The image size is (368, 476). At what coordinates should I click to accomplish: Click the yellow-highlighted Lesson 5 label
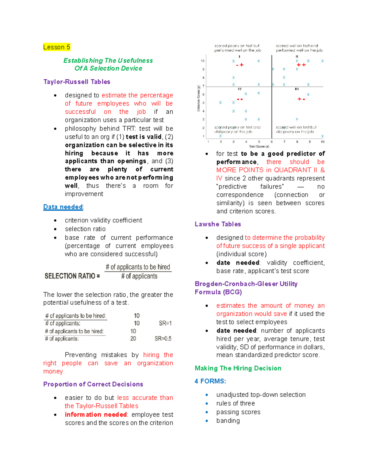[x=57, y=47]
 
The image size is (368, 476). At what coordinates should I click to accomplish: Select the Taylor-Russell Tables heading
[x=77, y=82]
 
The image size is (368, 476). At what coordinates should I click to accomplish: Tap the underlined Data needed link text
[x=63, y=207]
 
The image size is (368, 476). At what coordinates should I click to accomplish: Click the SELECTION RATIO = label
[x=72, y=276]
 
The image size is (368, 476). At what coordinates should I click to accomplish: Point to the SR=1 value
[x=165, y=323]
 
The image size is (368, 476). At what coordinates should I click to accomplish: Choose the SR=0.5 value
[x=163, y=339]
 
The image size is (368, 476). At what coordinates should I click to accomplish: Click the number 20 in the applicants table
[x=133, y=339]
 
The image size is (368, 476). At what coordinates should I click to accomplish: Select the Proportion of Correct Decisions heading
[x=93, y=384]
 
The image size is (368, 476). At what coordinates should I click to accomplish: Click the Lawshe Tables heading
[x=218, y=224]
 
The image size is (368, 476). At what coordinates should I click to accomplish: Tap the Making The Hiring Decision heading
[x=238, y=368]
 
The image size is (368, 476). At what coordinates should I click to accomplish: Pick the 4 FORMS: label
[x=210, y=381]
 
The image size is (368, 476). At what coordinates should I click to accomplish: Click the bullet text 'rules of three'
[x=236, y=403]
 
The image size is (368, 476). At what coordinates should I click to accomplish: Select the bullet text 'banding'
[x=228, y=421]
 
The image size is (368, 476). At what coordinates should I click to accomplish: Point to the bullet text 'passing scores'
[x=238, y=412]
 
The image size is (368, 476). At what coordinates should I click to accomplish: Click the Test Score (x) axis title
[x=259, y=147]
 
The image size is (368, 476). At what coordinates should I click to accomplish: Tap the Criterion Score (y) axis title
[x=199, y=98]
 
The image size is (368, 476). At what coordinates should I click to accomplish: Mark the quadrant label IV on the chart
[x=240, y=89]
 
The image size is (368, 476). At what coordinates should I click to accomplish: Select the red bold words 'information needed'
[x=96, y=415]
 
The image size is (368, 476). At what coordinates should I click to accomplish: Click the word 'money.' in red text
[x=54, y=371]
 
